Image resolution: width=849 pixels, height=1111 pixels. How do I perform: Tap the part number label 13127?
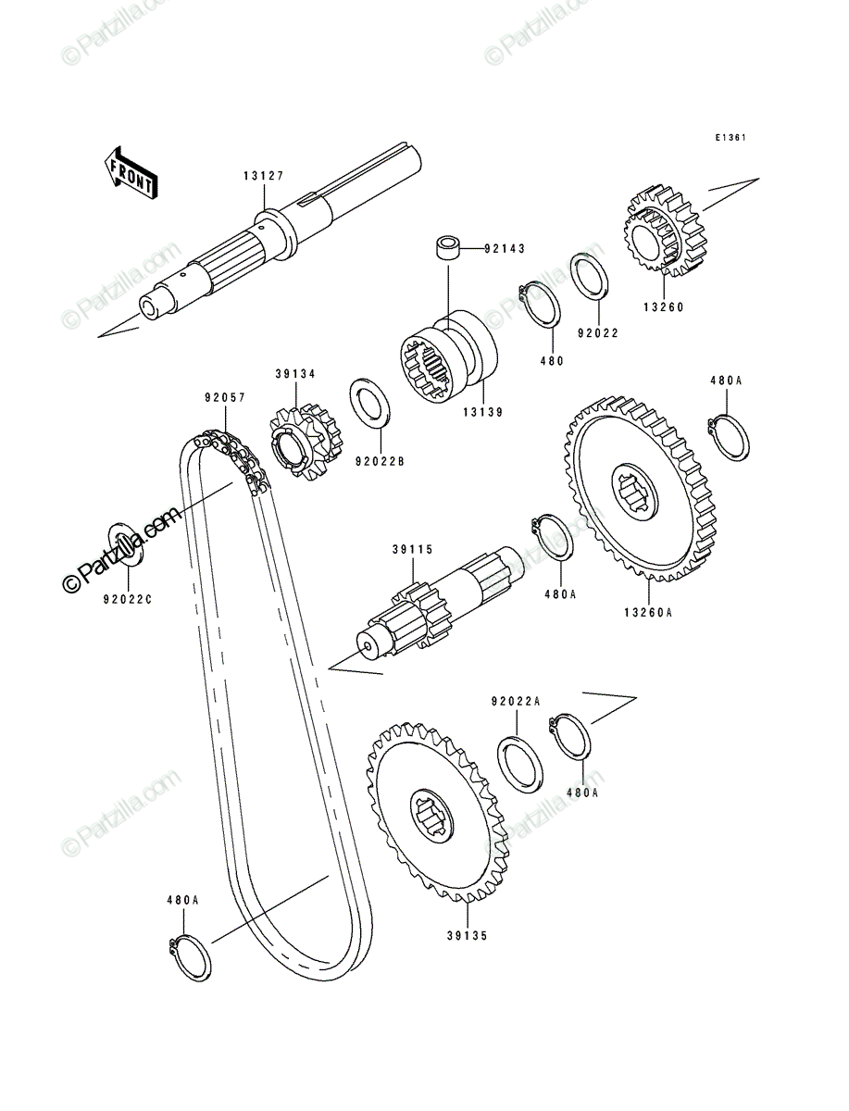[x=264, y=176]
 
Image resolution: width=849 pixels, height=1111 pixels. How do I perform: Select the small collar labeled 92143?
[x=447, y=248]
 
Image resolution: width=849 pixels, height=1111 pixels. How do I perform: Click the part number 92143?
[x=505, y=248]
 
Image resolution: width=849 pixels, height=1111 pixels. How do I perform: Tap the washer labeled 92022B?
[x=369, y=402]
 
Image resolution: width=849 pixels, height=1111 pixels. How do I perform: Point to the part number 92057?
[x=225, y=398]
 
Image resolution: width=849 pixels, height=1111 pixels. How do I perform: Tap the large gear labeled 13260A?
[x=640, y=490]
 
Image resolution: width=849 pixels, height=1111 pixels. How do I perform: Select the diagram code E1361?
[x=730, y=138]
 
